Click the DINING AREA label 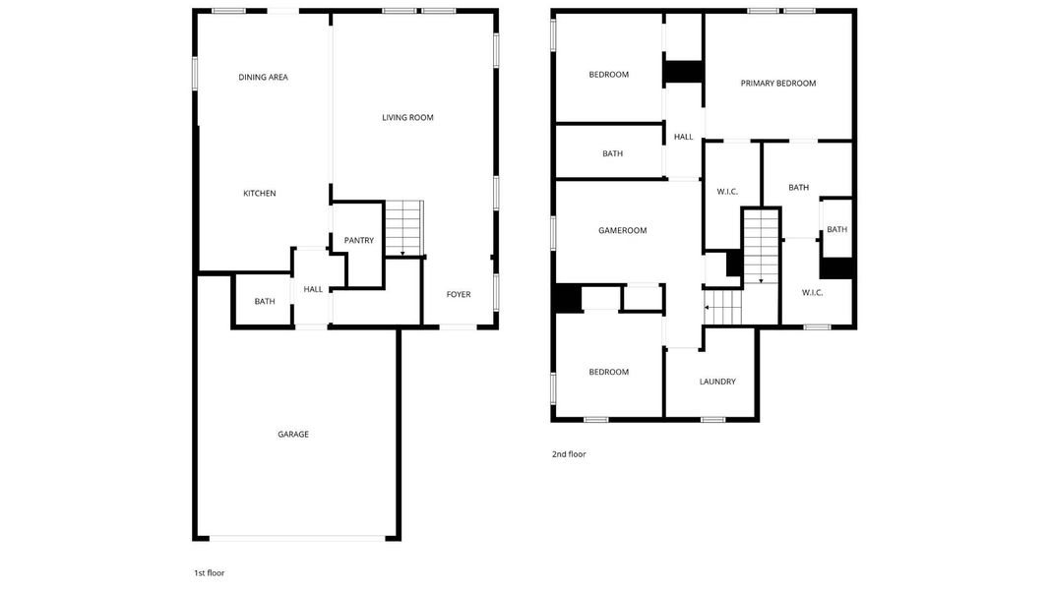point(263,77)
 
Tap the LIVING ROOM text point(407,118)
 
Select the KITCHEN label point(260,194)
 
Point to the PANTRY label point(358,240)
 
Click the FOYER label point(459,295)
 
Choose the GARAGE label point(292,434)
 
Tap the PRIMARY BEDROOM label point(777,84)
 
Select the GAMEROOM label point(622,231)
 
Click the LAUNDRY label point(717,382)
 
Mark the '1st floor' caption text point(209,572)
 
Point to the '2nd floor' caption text point(569,454)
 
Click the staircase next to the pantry point(402,227)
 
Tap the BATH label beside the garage point(265,302)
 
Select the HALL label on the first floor point(313,289)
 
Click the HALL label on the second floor point(683,138)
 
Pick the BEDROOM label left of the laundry point(608,372)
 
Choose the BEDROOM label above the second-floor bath point(608,75)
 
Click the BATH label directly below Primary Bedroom point(798,188)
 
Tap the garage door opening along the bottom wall point(298,538)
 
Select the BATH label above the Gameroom point(612,153)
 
